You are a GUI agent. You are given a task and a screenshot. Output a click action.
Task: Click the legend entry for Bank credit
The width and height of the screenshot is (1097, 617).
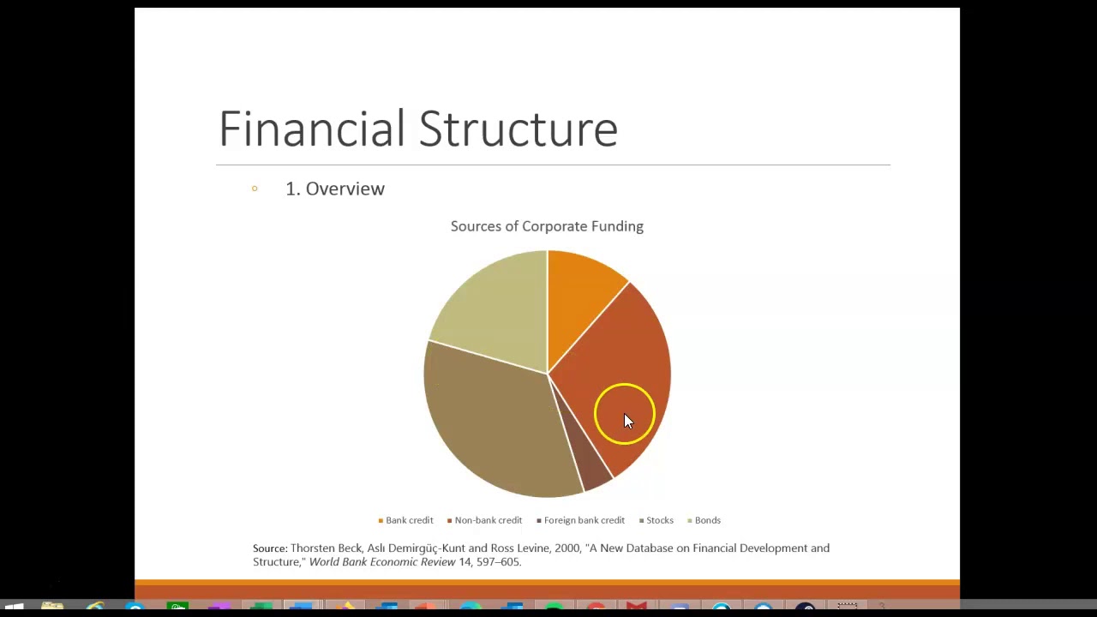click(409, 520)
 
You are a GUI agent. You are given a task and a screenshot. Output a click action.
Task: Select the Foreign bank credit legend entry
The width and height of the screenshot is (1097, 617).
click(584, 520)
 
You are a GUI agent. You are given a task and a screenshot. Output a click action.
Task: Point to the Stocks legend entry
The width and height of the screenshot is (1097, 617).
click(659, 520)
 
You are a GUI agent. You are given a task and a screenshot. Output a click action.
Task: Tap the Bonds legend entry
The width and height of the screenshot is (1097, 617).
click(707, 520)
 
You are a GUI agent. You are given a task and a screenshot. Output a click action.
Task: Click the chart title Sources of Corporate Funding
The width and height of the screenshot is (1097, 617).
click(547, 226)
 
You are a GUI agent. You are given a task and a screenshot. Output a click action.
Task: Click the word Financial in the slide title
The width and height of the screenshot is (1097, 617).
click(312, 129)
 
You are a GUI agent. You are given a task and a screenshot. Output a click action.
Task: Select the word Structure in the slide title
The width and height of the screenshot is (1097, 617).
click(518, 129)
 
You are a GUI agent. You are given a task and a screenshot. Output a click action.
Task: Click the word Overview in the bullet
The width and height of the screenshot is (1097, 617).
click(345, 189)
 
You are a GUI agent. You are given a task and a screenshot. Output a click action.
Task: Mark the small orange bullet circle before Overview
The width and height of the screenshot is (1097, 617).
click(255, 189)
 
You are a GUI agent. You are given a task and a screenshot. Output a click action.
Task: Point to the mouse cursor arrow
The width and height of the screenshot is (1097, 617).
click(627, 420)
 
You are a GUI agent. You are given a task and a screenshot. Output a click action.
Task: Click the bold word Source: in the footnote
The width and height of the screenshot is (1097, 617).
click(270, 548)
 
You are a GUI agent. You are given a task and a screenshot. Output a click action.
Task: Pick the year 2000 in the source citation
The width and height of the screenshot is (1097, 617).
click(567, 548)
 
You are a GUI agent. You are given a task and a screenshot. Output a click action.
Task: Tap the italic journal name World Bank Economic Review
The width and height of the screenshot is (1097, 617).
click(382, 562)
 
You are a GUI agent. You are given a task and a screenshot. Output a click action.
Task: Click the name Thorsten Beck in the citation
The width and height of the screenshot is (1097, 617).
click(326, 548)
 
